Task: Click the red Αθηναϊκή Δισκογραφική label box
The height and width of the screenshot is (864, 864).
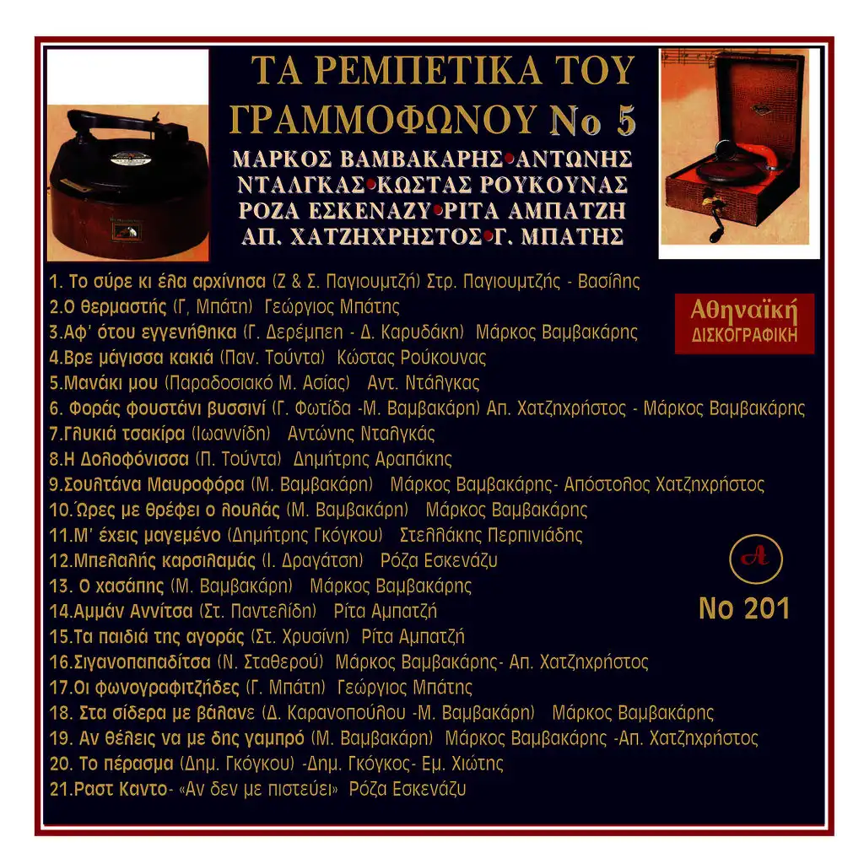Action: (744, 323)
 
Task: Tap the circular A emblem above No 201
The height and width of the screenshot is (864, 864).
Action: (755, 559)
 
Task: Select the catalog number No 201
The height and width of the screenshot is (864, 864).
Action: (744, 609)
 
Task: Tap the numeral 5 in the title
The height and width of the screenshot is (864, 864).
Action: (626, 121)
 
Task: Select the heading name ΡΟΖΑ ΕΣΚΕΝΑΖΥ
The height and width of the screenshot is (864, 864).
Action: (334, 210)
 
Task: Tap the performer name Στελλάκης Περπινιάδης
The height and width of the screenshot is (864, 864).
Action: (491, 535)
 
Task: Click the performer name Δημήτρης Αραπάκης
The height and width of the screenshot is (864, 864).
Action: (372, 459)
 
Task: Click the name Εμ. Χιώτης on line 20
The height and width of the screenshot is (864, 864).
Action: (462, 763)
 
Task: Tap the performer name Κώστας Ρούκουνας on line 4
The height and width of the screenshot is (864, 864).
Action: (412, 358)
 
